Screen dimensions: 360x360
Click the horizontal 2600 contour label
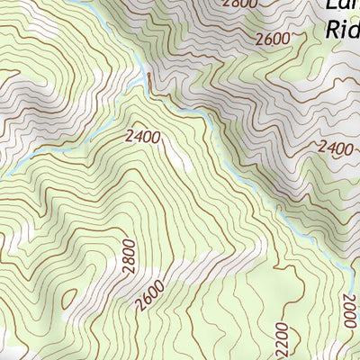(272, 39)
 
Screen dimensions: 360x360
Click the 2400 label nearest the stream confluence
(143, 136)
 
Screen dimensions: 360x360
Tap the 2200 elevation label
(281, 339)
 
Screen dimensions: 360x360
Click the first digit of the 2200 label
(281, 352)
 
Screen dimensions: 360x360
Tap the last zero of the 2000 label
(351, 299)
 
